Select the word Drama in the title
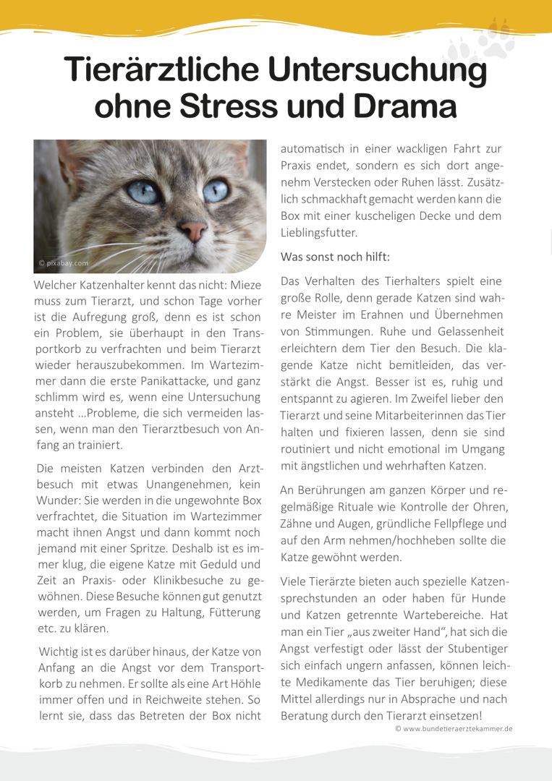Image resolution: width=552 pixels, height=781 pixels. click(x=404, y=107)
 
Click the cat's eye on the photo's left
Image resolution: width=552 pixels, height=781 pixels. click(x=144, y=192)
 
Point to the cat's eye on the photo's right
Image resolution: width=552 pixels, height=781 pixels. click(x=215, y=190)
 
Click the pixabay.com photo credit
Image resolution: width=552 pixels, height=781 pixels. click(x=64, y=263)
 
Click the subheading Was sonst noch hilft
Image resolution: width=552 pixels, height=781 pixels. click(x=336, y=257)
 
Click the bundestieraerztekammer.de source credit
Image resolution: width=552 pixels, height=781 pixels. click(x=454, y=729)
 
